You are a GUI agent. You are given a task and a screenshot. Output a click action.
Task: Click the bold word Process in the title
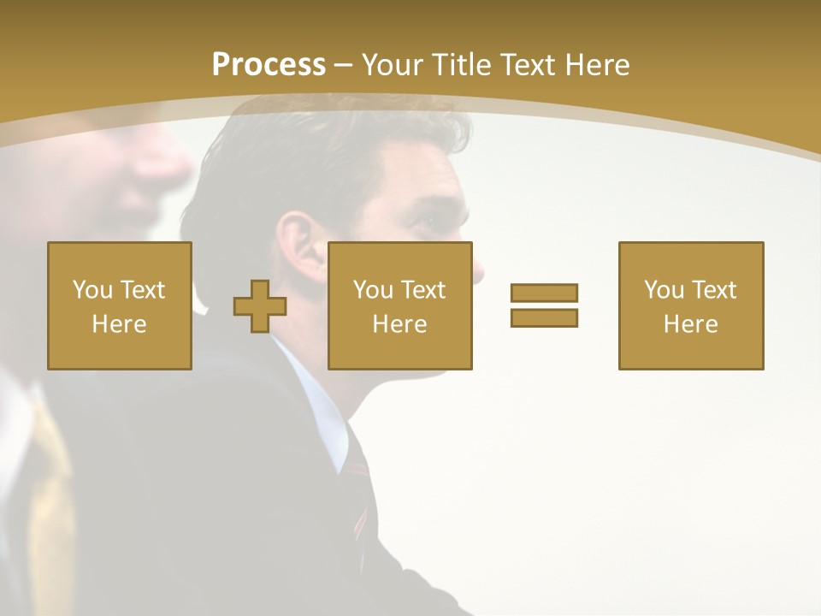269,65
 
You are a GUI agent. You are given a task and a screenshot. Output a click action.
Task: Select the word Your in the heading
392,65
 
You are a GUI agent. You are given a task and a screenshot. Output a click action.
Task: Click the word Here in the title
597,65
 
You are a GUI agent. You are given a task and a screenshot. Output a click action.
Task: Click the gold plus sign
260,306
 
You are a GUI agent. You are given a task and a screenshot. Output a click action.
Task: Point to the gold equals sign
544,305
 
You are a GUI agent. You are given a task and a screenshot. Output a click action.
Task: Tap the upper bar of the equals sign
544,293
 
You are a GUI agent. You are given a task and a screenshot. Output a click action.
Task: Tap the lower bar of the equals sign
544,317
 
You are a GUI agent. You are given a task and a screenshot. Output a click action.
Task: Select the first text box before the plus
120,305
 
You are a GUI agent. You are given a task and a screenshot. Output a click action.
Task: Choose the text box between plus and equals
400,305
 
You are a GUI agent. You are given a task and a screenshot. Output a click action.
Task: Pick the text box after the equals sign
691,305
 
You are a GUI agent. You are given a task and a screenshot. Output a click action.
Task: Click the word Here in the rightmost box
691,324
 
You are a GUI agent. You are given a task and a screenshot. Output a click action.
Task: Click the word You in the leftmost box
92,290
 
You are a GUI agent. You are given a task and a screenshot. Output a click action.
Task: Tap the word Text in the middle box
423,290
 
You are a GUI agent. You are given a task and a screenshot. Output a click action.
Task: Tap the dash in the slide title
344,66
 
